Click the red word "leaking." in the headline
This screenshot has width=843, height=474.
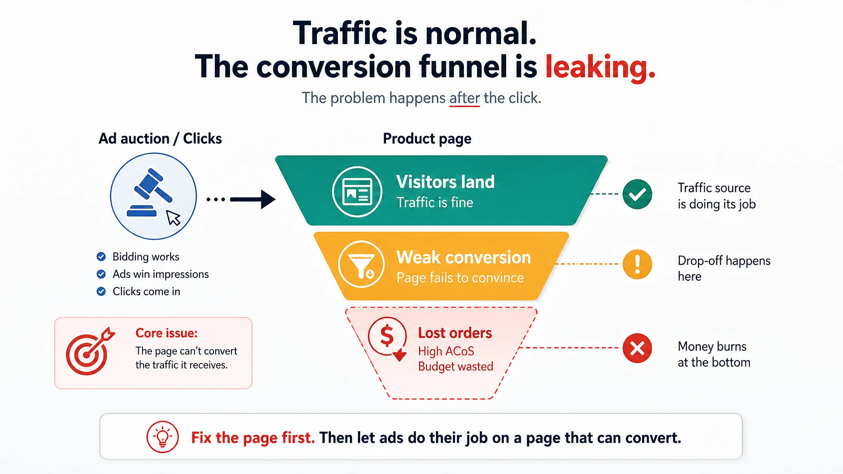coord(600,67)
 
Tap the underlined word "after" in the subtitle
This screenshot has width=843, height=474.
coord(464,98)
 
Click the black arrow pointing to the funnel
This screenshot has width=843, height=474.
coord(252,200)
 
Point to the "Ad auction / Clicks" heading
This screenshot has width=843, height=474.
coord(160,139)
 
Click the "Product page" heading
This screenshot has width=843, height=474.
coord(427,139)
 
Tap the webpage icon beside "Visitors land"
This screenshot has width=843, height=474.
coord(357,192)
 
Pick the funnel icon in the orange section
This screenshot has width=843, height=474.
coord(361,264)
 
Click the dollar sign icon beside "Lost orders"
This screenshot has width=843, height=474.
coord(387,338)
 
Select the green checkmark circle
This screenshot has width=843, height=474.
coord(637,194)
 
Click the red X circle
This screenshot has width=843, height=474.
coord(637,348)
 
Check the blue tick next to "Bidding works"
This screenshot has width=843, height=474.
coord(101,257)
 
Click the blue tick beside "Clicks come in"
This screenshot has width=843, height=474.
coord(101,292)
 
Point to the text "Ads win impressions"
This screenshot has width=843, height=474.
coord(161,274)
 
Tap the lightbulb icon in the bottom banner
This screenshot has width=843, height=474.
coord(163,437)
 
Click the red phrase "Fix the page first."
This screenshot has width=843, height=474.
coord(253,438)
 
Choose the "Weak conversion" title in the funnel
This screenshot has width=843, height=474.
coord(463,258)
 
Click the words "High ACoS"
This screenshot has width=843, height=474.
coord(446,351)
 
